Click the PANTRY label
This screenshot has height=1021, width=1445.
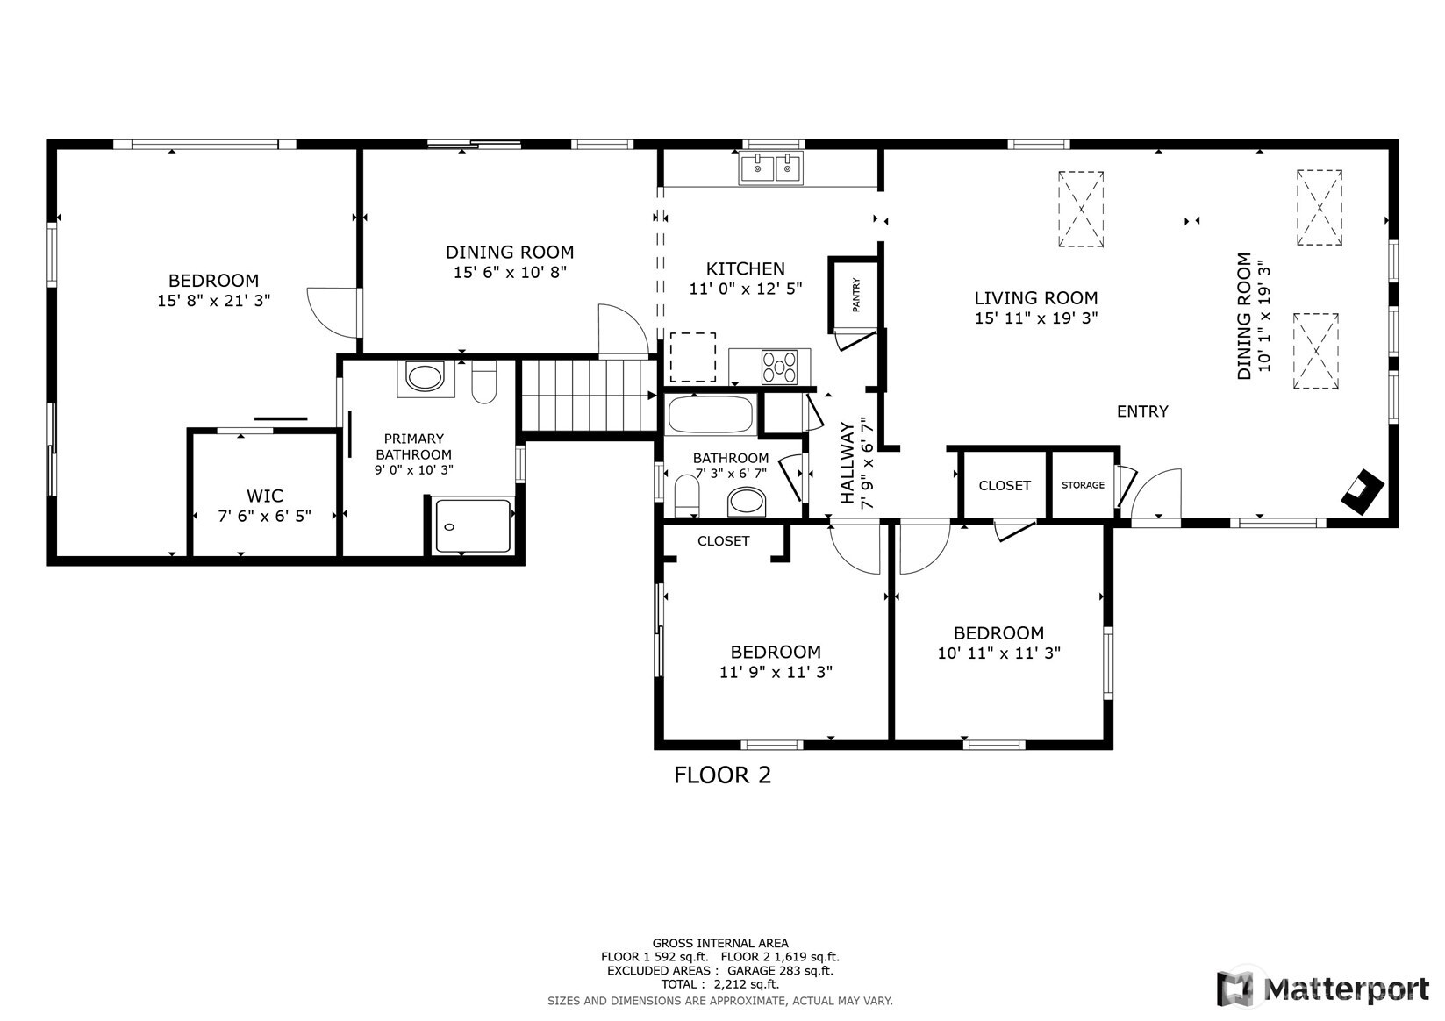856,295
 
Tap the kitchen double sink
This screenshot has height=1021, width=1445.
771,168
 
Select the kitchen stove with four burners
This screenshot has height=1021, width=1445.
779,367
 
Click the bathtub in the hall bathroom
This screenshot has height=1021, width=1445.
711,415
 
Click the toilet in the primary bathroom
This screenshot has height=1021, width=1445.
483,382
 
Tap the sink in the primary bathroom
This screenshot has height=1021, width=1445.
426,378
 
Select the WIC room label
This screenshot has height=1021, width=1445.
264,496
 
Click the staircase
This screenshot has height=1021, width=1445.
589,396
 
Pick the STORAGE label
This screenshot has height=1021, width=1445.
1084,485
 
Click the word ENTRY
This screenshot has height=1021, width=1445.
1142,411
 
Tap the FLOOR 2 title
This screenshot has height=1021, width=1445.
723,775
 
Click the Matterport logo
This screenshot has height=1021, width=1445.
1323,989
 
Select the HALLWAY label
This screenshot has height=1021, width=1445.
847,462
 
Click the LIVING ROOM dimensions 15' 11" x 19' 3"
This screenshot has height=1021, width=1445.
1036,318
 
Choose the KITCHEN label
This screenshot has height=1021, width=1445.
745,268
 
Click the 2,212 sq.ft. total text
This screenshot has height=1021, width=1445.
747,984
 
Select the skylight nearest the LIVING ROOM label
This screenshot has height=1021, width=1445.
1081,209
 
